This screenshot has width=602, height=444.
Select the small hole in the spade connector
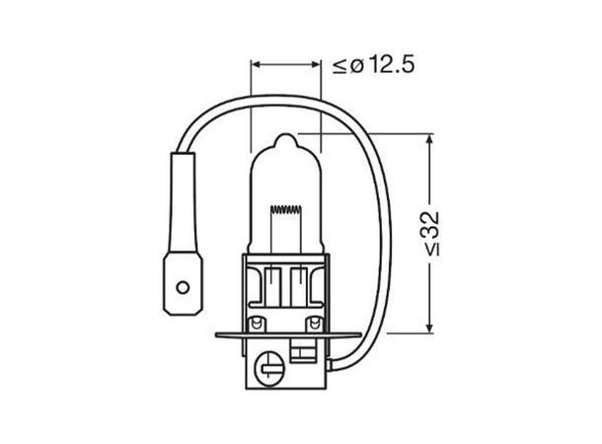coord(180,289)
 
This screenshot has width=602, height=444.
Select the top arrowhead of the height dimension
coord(429,138)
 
